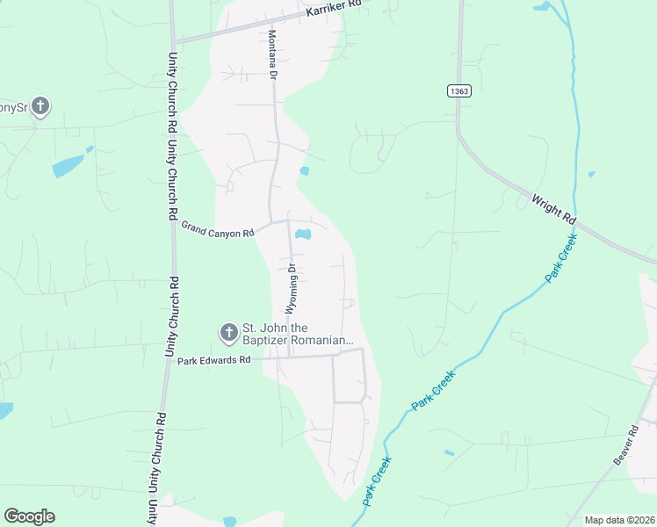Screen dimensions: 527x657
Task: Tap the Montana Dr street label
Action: (x=272, y=56)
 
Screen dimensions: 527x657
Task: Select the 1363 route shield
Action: (x=458, y=90)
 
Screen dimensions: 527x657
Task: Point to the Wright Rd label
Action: (x=553, y=208)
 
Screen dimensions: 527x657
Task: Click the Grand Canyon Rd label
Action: (x=217, y=229)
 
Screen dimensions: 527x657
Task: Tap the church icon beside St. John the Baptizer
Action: (x=228, y=333)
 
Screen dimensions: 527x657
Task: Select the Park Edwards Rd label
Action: (x=214, y=360)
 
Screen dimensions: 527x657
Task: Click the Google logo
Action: (x=29, y=516)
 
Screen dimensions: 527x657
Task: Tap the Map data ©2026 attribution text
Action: (x=619, y=520)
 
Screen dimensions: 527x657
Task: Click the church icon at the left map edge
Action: (x=40, y=107)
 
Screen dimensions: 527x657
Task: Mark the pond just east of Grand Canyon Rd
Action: (x=303, y=235)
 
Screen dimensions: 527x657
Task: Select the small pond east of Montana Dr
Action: (x=304, y=170)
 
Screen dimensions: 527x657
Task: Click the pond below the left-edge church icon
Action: (x=68, y=165)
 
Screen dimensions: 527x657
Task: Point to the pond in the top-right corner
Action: (x=542, y=6)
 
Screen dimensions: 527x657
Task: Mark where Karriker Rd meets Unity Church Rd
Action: (x=173, y=41)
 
